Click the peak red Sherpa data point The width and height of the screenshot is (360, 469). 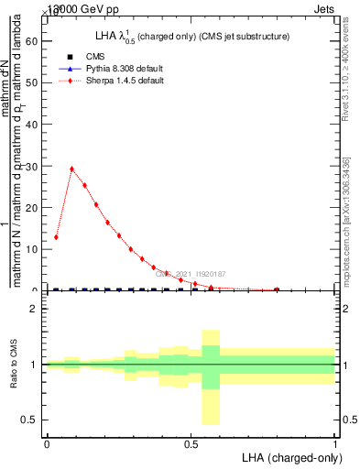[x=72, y=169]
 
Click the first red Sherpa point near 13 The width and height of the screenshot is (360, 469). [x=56, y=237]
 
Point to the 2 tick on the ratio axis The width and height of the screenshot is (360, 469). [x=37, y=309]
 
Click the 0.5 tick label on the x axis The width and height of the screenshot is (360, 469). [x=191, y=444]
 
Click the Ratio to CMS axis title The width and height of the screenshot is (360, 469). [x=14, y=365]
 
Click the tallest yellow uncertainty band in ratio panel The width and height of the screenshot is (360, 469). [x=211, y=376]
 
